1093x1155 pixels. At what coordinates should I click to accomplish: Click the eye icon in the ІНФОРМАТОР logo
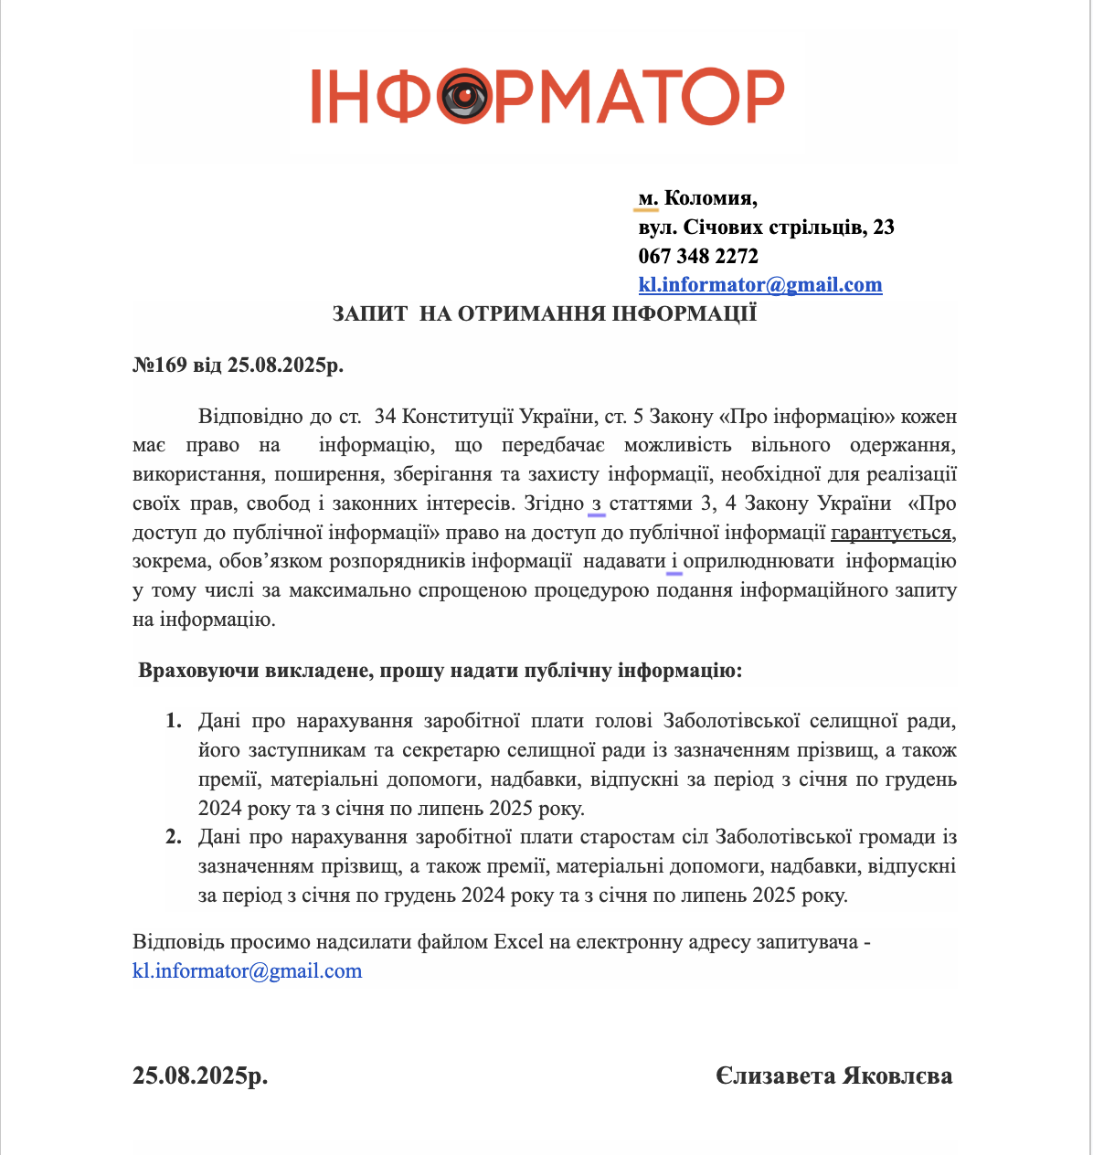[466, 96]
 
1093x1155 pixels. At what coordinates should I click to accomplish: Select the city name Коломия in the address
[709, 198]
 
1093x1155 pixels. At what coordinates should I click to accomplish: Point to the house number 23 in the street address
[884, 228]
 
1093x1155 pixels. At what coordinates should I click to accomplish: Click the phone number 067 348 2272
[698, 256]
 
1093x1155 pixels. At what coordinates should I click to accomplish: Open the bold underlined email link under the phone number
[760, 285]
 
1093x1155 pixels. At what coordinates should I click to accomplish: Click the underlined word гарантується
[891, 533]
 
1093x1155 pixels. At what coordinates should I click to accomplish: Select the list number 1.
[173, 722]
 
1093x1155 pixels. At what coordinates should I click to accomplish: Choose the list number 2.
[173, 837]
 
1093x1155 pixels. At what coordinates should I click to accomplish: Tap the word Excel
[518, 942]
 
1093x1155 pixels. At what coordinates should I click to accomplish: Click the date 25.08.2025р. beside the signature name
[200, 1076]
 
